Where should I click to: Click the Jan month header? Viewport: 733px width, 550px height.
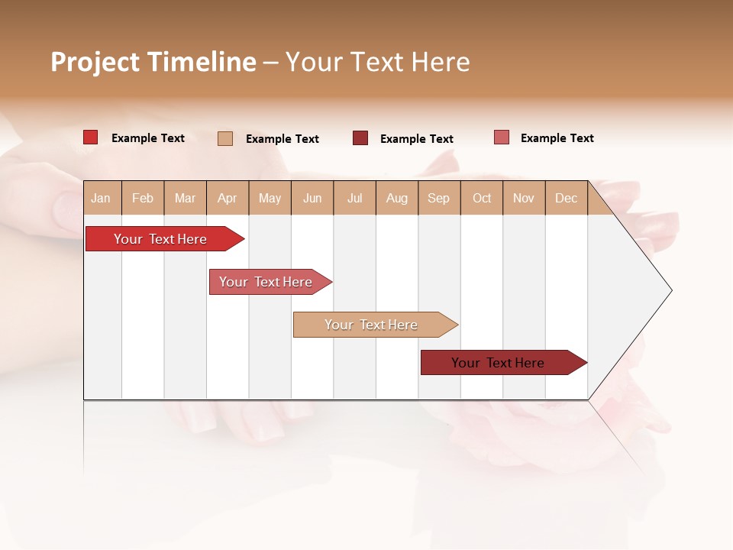click(x=101, y=198)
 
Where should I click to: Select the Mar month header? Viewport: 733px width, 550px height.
click(x=185, y=198)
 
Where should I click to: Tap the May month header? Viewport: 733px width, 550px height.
click(x=270, y=198)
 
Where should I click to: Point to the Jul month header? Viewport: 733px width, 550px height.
click(x=354, y=198)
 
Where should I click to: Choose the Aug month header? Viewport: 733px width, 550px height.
click(x=396, y=198)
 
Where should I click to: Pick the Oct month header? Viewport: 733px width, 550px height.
click(x=482, y=198)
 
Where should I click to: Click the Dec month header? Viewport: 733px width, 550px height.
click(x=566, y=198)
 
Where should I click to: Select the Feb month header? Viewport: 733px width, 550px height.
click(x=143, y=198)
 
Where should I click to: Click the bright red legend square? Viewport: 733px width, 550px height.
click(x=90, y=137)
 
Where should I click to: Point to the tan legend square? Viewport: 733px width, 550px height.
click(x=225, y=138)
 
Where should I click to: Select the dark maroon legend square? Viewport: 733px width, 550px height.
click(x=360, y=138)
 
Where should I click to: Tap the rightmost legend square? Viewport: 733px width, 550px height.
click(x=502, y=137)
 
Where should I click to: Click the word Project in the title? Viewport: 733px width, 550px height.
click(x=95, y=62)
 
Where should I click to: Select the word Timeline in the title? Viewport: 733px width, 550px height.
click(x=202, y=62)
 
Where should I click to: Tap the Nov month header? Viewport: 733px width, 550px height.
click(x=524, y=198)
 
